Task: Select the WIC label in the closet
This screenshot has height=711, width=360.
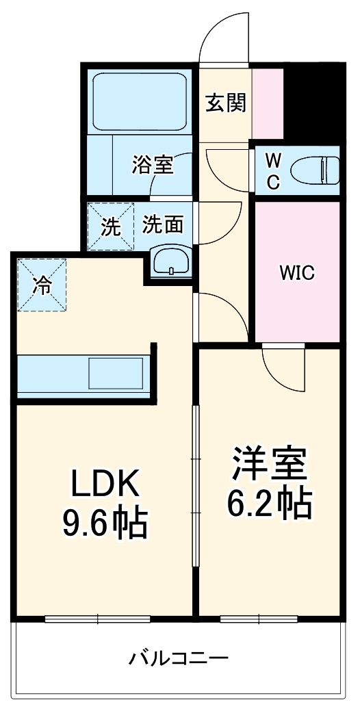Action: tap(296, 273)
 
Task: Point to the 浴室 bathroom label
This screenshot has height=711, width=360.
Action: tap(152, 165)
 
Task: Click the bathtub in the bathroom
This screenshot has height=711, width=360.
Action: tap(141, 97)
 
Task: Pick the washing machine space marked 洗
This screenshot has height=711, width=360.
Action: tap(110, 226)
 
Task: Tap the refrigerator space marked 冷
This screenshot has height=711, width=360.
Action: tap(42, 285)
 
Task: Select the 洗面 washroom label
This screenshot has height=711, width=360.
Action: tap(162, 225)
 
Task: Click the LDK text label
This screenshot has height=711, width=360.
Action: tap(106, 485)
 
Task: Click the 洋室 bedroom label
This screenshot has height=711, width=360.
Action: tap(268, 465)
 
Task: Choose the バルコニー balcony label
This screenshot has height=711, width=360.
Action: tap(179, 660)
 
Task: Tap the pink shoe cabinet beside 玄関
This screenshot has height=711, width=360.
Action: tap(268, 103)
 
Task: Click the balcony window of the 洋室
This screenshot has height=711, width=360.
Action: tap(259, 619)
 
